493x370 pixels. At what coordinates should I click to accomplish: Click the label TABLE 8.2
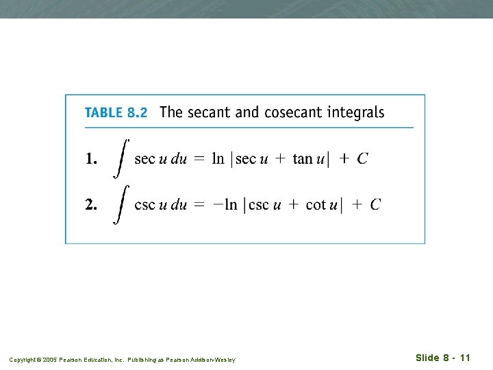(x=116, y=113)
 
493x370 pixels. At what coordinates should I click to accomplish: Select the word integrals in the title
(x=357, y=113)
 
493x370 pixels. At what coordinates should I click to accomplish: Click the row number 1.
(x=90, y=159)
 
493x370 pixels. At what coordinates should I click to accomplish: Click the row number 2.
(x=91, y=204)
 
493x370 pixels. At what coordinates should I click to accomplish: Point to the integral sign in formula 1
(x=121, y=158)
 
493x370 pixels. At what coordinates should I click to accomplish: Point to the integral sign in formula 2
(x=121, y=203)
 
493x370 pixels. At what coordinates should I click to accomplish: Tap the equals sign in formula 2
(x=199, y=205)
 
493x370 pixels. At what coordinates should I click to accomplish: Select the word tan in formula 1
(x=303, y=159)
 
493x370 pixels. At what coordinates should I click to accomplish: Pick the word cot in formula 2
(x=316, y=204)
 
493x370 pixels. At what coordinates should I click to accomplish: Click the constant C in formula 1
(x=362, y=159)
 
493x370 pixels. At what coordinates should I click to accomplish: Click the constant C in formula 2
(x=375, y=204)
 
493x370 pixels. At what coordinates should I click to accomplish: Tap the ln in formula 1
(x=218, y=159)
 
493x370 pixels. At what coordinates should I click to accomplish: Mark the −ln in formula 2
(x=224, y=204)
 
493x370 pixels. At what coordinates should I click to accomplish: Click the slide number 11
(x=465, y=358)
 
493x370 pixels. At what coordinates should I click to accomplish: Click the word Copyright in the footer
(x=22, y=360)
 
